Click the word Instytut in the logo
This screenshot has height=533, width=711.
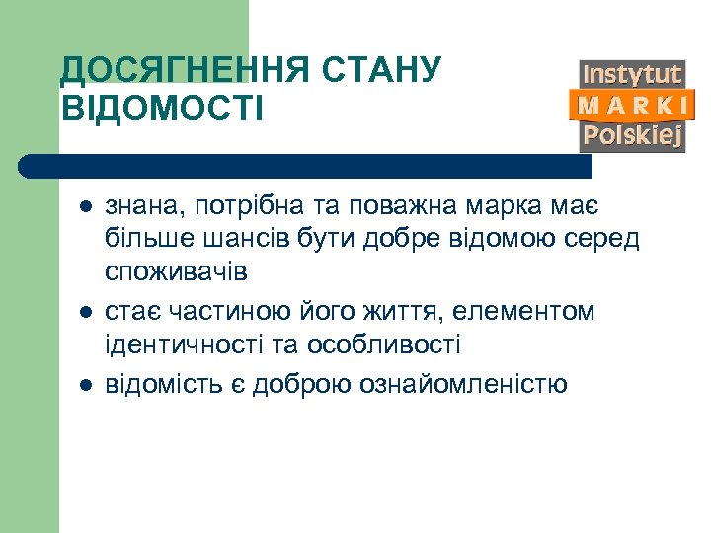tap(632, 74)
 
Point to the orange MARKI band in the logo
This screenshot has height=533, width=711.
tap(632, 105)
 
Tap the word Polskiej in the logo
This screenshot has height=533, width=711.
tap(632, 135)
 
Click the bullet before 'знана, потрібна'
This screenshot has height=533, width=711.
tap(85, 207)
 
